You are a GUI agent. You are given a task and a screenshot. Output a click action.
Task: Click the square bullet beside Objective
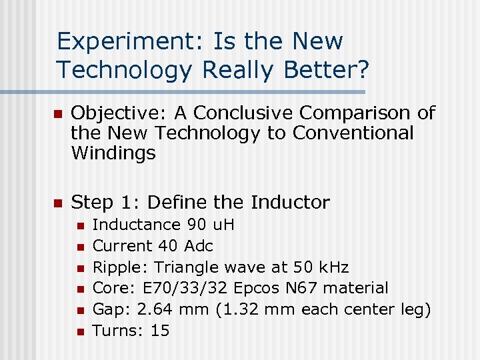(57, 114)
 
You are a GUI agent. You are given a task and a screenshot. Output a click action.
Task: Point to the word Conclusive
(223, 113)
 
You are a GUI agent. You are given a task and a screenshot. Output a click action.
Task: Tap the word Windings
(113, 153)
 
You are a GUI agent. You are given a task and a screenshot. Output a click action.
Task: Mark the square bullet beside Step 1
(57, 203)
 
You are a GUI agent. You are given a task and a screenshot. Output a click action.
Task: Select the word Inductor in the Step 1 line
(290, 202)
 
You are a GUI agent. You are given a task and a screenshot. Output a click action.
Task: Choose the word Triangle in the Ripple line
(184, 267)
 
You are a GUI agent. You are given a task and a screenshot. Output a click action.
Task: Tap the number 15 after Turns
(160, 331)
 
